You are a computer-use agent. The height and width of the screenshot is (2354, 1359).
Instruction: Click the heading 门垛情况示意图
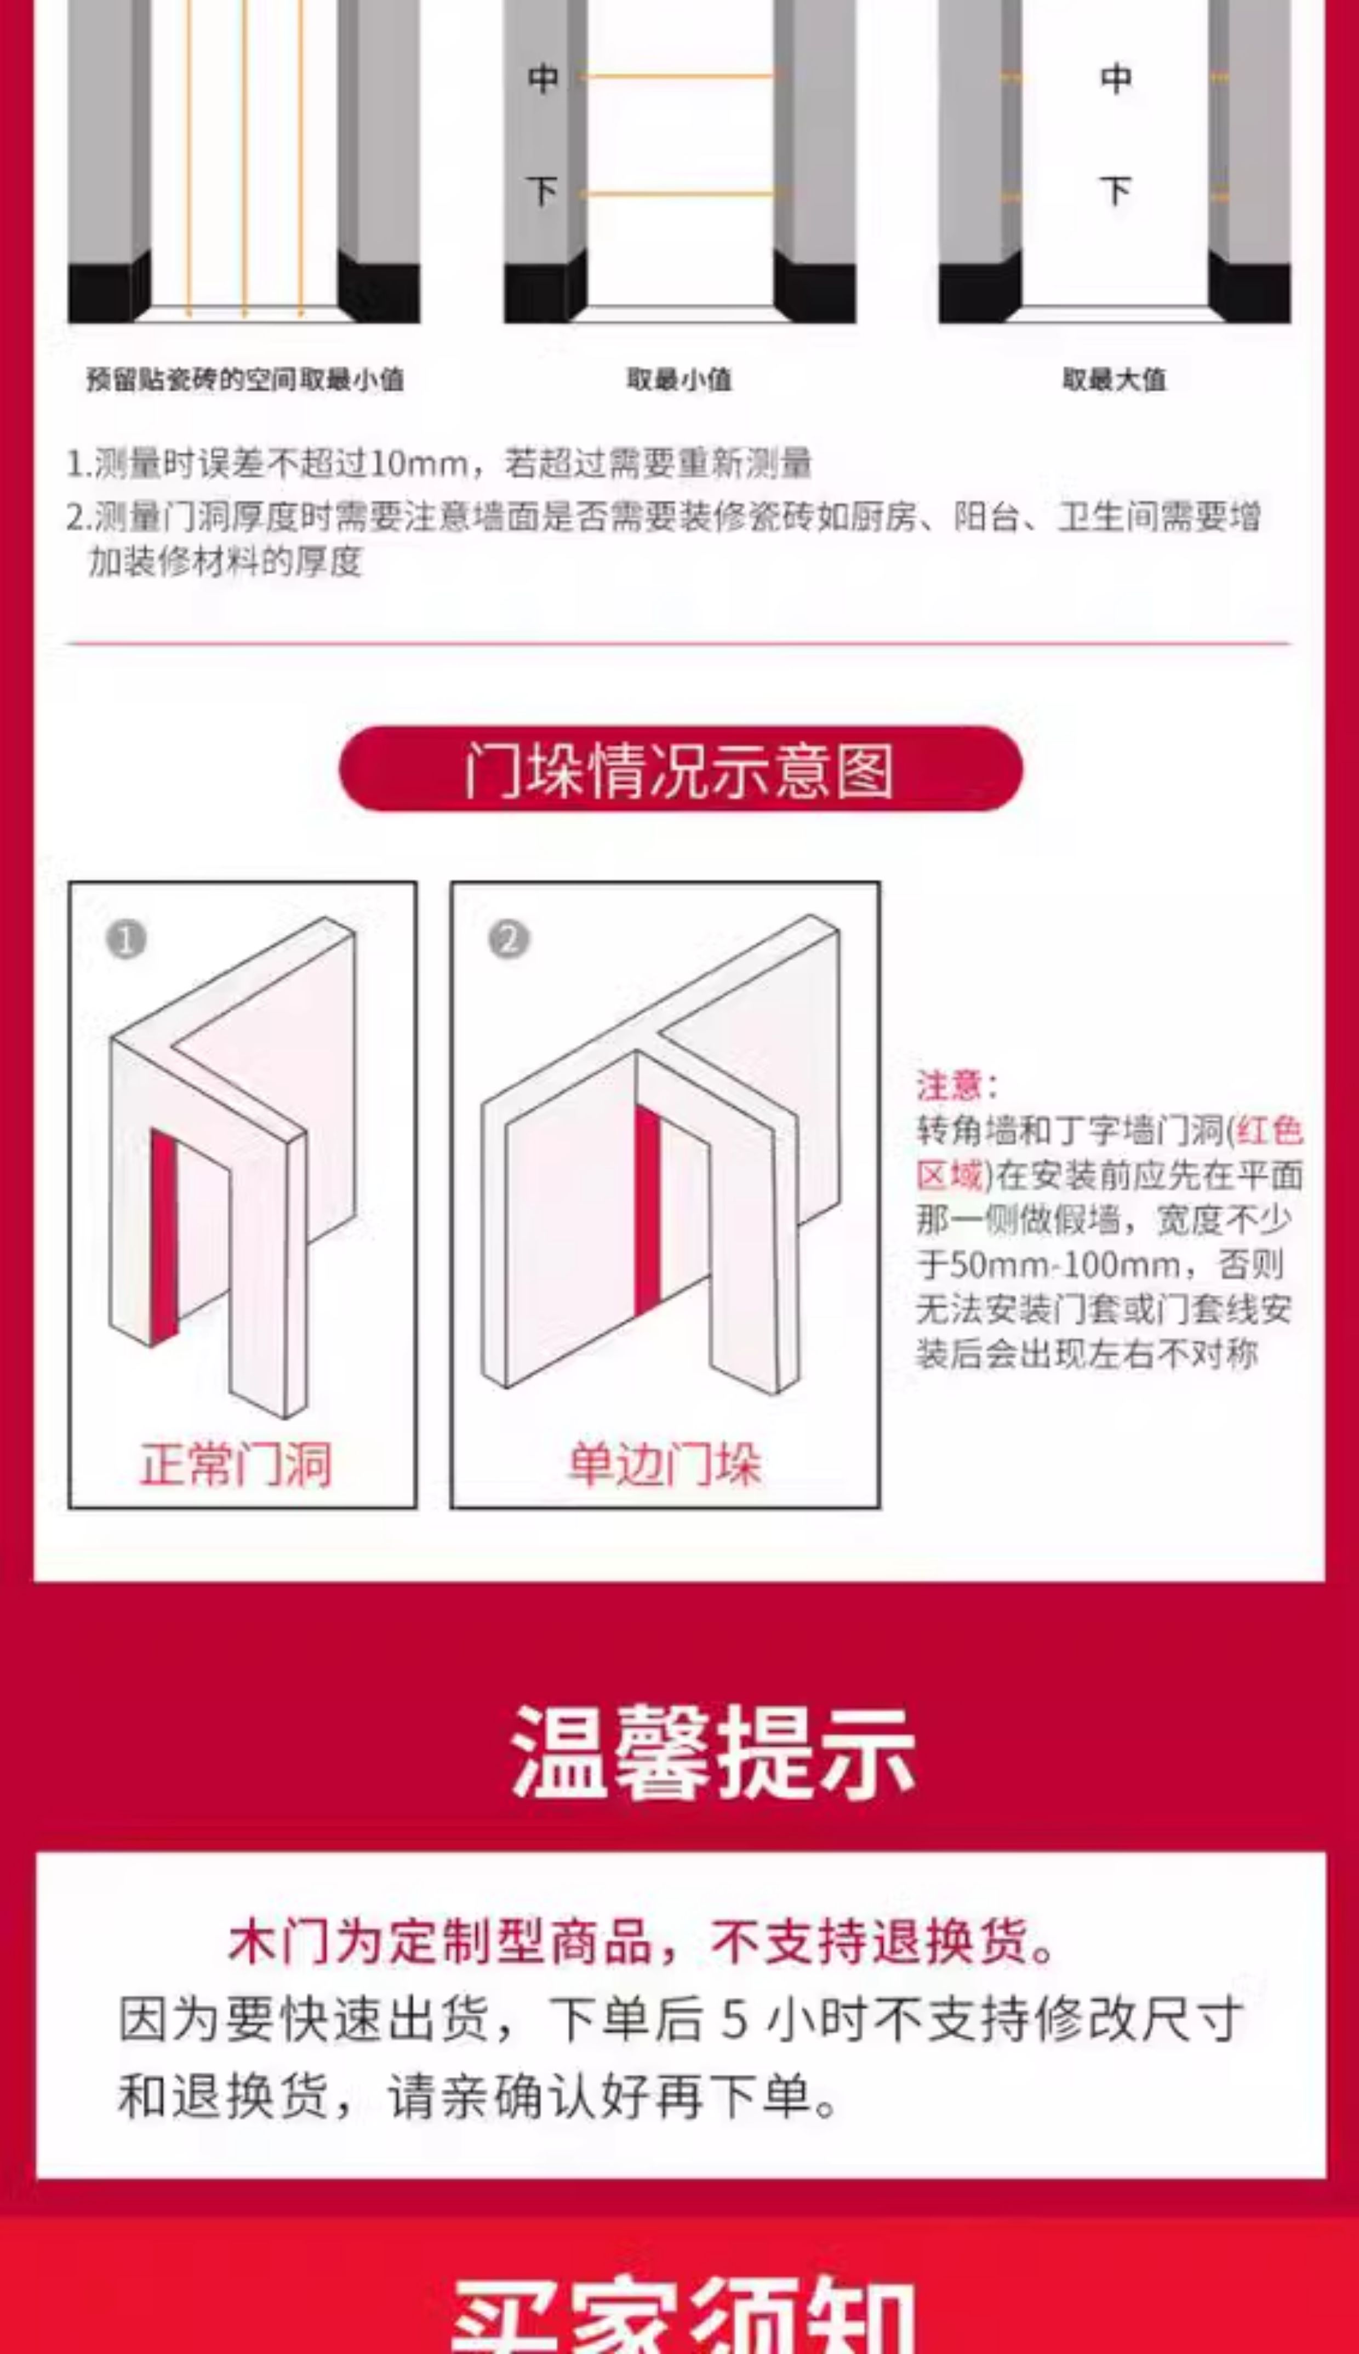(x=679, y=770)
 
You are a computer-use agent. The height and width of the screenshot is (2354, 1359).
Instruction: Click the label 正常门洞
(x=235, y=1463)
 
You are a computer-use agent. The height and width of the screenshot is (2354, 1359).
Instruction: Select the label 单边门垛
(x=665, y=1463)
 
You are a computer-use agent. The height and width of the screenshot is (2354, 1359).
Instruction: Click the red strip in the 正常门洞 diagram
(x=163, y=1232)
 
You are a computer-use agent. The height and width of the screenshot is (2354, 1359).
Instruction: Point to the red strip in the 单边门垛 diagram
(x=647, y=1208)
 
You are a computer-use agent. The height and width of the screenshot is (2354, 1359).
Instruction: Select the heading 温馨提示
(x=713, y=1752)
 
